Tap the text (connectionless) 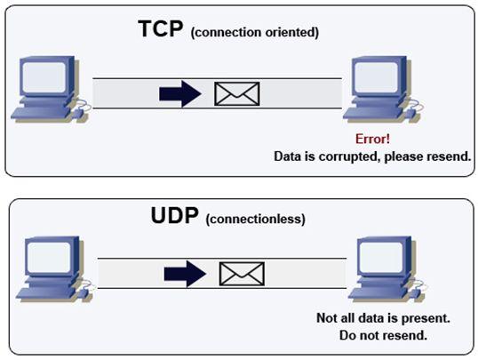(x=256, y=220)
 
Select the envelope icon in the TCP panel (x=237, y=93)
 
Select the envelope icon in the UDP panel (x=242, y=273)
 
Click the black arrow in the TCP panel (x=180, y=93)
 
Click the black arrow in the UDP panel (x=185, y=273)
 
